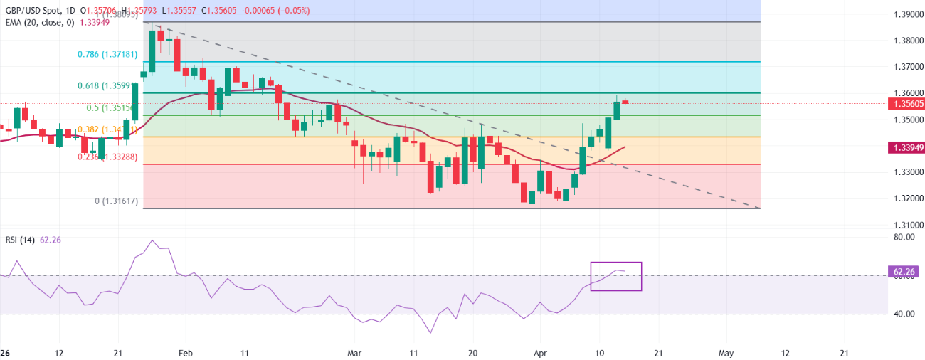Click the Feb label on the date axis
185,353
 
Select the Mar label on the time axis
356,353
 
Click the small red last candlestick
625,102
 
